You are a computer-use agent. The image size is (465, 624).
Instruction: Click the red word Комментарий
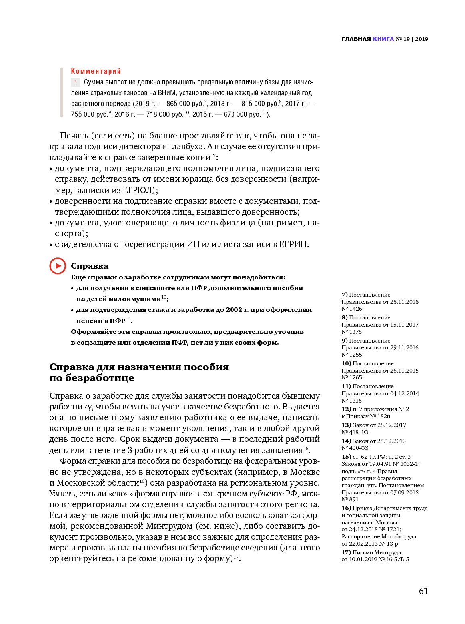[x=96, y=71]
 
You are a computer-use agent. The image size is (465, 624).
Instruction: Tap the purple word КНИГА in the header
[x=383, y=39]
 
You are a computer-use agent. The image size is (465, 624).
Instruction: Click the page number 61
[x=423, y=591]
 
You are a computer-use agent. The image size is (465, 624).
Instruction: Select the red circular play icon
[x=58, y=266]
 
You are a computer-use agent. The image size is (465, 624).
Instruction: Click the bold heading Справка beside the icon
[x=90, y=266]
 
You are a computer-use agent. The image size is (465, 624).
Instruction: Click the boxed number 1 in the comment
[x=75, y=82]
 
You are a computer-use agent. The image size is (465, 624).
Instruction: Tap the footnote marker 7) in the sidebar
[x=345, y=295]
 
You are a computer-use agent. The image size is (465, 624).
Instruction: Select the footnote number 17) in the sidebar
[x=346, y=552]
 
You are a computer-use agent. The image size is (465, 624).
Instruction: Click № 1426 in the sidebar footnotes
[x=352, y=309]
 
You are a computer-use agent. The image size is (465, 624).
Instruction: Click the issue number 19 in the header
[x=407, y=39]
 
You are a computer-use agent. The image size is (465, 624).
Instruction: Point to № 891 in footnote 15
[x=350, y=499]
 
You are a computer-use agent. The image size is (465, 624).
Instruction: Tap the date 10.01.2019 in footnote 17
[x=363, y=559]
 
